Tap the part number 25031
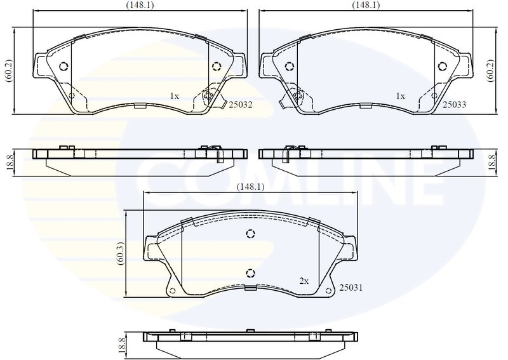[x=350, y=288]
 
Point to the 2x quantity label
[x=304, y=280]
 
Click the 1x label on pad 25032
[x=174, y=97]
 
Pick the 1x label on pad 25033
[x=400, y=97]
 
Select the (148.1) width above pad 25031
[x=249, y=187]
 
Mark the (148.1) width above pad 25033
[x=366, y=5]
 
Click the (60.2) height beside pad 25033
[x=490, y=71]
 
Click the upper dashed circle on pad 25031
[x=250, y=234]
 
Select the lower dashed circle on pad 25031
[x=250, y=274]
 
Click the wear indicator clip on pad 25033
[x=294, y=98]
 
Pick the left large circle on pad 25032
[x=63, y=66]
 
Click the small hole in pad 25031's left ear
[x=171, y=291]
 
